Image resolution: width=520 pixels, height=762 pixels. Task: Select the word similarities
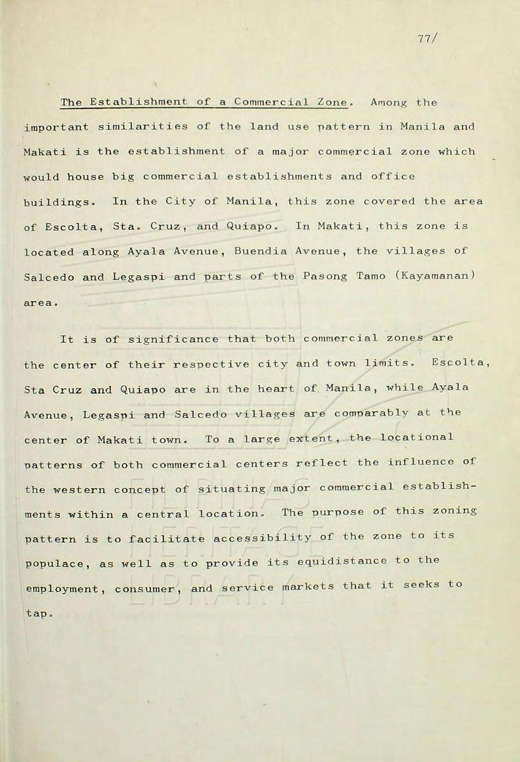143,127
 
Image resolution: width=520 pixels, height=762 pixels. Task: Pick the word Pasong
324,276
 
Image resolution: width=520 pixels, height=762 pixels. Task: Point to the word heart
275,389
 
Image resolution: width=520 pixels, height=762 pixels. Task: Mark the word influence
419,462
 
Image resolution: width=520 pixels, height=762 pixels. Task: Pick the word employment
61,589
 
